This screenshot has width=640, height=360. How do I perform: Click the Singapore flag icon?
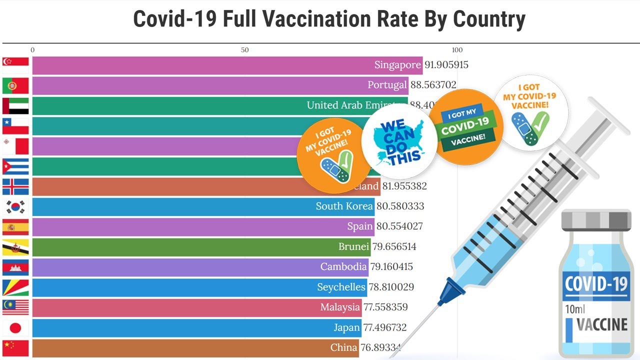15,65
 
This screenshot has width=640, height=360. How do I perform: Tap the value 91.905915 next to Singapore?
446,65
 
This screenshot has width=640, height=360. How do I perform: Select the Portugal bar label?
387,85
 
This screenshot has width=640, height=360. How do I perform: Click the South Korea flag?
15,206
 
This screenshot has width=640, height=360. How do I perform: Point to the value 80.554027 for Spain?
399,226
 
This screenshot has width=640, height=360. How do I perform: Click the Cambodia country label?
343,266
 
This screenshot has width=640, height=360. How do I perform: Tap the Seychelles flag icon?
15,287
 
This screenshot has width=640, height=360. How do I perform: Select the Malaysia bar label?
340,307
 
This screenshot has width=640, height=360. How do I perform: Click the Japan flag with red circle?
15,327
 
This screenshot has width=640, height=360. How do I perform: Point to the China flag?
15,347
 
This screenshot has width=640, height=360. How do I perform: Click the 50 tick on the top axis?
244,50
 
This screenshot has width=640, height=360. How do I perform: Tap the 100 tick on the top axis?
457,50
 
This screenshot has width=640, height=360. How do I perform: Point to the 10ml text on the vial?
575,309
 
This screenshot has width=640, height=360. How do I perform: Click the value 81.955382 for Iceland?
404,186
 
